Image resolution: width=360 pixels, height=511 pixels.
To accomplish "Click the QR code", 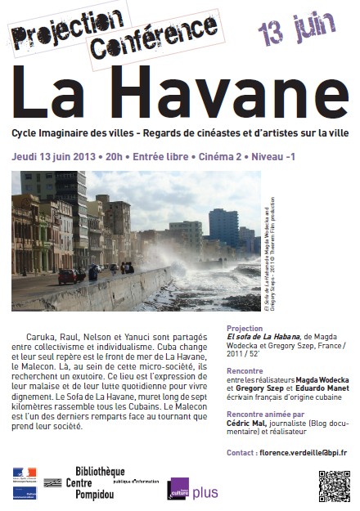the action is click(x=334, y=486).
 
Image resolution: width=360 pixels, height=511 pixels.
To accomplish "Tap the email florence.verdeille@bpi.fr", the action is click(x=301, y=452).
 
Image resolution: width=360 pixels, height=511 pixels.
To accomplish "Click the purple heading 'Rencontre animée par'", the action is click(x=266, y=415).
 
